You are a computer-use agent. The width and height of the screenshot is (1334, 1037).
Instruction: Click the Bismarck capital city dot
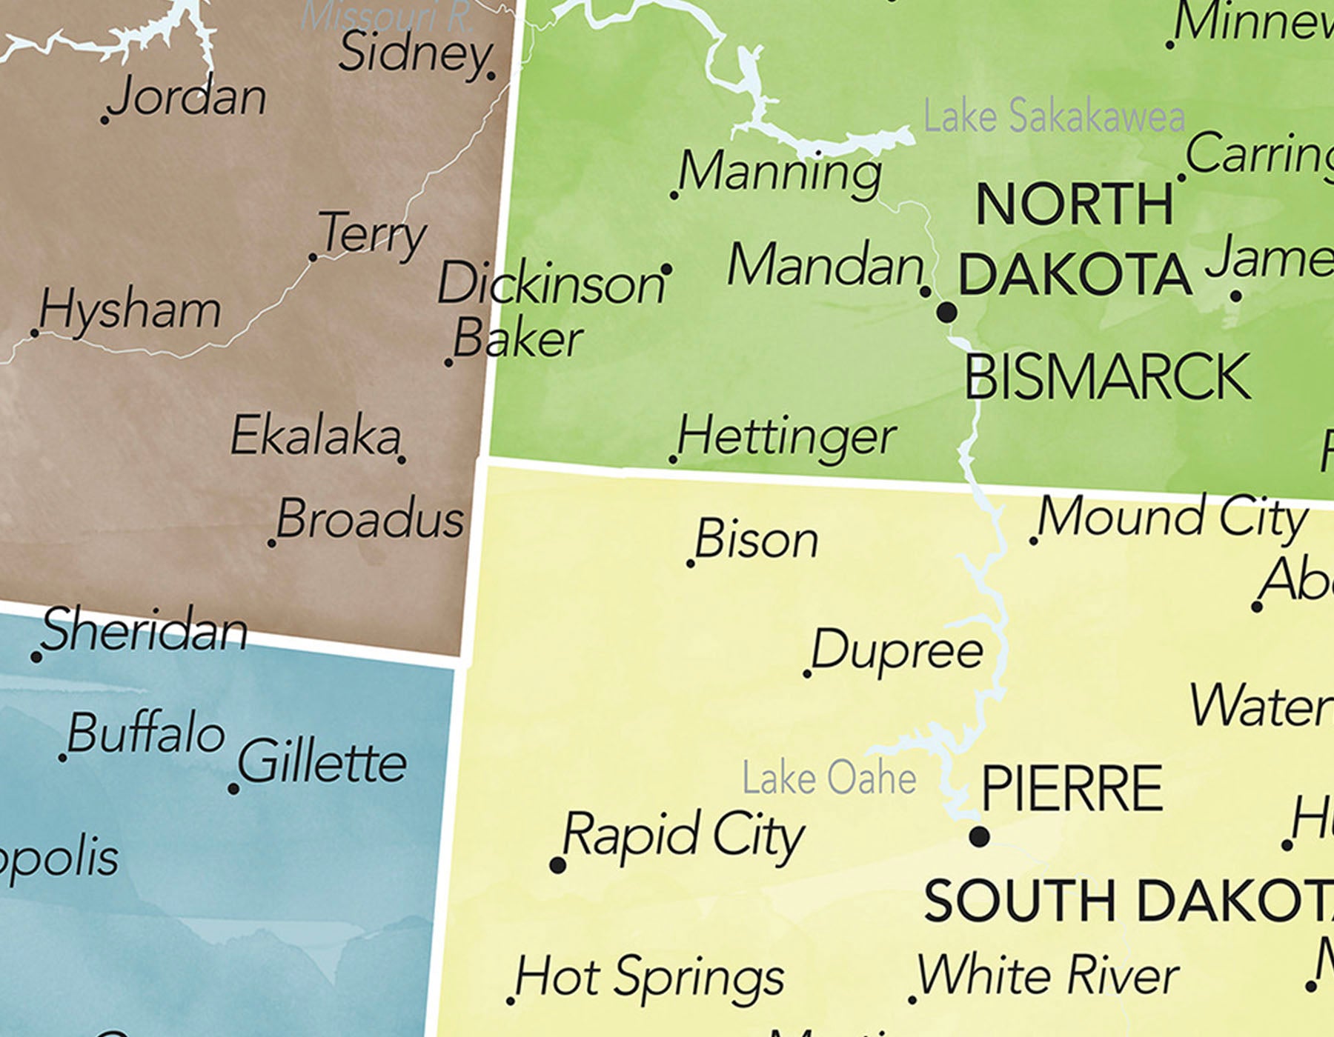pos(946,312)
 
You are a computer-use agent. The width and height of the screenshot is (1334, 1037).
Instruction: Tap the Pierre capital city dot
pos(979,837)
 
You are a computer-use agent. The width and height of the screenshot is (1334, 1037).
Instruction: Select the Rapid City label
pos(683,835)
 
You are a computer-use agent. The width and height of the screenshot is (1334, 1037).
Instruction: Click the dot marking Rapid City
pos(558,864)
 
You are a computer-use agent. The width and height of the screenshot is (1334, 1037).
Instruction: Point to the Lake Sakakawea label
pos(1053,117)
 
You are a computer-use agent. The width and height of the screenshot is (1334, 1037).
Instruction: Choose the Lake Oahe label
pos(829,778)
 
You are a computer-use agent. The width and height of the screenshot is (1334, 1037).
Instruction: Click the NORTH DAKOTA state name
pos(1075,239)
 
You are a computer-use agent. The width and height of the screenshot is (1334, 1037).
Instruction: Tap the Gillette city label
pos(322,761)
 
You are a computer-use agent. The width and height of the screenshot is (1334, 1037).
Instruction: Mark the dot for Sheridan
pos(36,657)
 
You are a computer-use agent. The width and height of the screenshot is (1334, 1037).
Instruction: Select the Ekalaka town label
pos(316,436)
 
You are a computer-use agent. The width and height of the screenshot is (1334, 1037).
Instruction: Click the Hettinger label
pos(786,436)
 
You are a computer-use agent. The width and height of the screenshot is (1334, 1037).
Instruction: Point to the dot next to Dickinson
pos(666,270)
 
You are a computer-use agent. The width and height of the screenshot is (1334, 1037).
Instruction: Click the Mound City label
pos(1172,516)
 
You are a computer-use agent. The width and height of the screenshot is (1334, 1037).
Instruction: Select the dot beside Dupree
pos(807,673)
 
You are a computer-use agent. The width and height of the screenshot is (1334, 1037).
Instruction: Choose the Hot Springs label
pos(649,976)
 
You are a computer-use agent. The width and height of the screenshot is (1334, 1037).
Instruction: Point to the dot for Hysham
pos(35,333)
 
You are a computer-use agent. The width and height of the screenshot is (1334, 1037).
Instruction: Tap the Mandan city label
pos(825,265)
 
